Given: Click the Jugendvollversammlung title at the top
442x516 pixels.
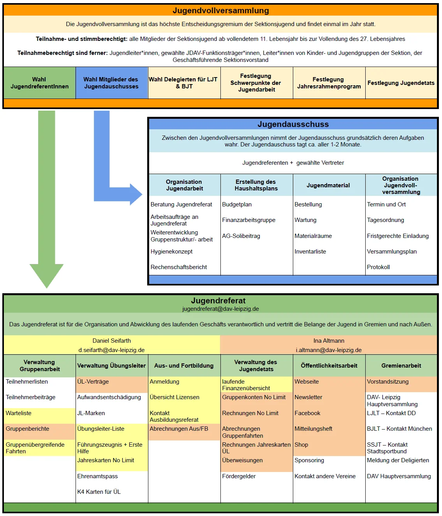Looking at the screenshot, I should coord(221,11).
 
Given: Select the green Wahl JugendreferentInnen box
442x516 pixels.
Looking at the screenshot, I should coord(39,83).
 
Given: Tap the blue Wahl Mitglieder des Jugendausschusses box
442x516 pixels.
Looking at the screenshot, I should coord(111,83).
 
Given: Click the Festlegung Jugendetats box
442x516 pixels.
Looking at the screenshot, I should coord(401,83).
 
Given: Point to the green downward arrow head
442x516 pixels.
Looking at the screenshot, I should coord(47,275).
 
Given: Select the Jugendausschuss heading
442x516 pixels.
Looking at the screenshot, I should coord(293,124).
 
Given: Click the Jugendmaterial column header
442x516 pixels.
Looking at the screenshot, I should coord(328,185).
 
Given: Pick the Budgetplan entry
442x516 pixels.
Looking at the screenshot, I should coord(237,204).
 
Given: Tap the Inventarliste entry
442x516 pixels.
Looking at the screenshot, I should coord(310,252).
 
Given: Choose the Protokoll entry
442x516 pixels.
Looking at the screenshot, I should coord(378,267).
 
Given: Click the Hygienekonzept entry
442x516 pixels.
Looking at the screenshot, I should coord(172,252).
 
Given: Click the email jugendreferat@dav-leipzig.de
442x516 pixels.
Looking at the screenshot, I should coord(220,309).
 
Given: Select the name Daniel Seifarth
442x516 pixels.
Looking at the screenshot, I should coord(112,341).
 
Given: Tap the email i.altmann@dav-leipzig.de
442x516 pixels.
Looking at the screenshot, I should coord(329,350).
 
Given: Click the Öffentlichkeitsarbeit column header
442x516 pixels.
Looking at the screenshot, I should coord(329,366).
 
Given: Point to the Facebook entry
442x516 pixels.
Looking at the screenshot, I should coord(307,413).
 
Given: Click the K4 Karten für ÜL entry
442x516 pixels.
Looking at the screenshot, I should coord(99,492).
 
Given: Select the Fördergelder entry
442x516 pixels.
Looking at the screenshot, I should coord(239,476).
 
